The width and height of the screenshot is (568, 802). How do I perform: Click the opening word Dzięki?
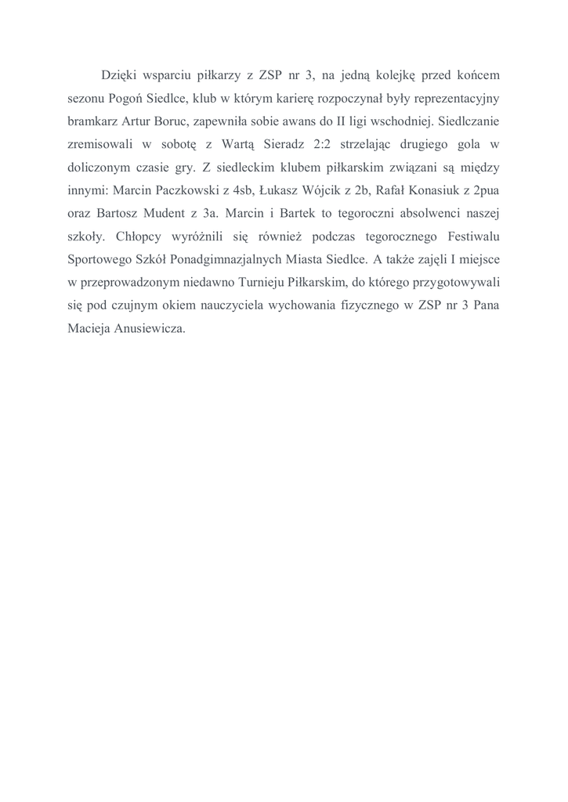click(118, 76)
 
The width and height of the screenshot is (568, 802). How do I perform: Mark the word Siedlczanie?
click(466, 121)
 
